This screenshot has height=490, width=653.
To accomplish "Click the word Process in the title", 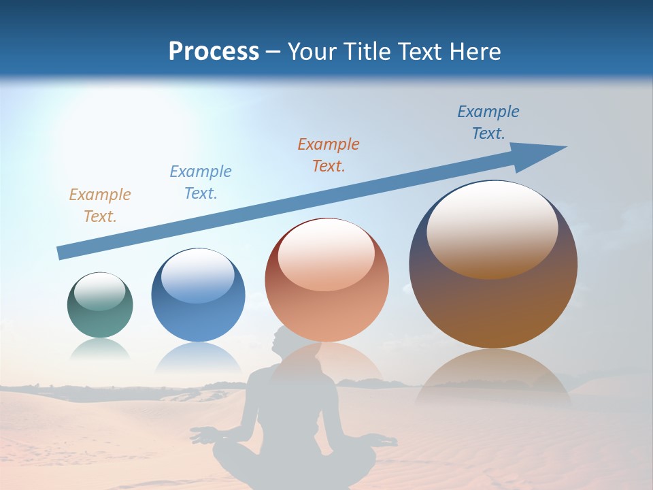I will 214,52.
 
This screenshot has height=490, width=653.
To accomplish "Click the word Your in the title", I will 314,52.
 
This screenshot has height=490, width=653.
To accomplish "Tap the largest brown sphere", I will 493,299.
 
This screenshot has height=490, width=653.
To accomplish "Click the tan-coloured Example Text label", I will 100,206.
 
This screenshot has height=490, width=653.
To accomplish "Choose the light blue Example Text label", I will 201,182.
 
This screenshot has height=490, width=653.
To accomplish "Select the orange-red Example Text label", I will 329,154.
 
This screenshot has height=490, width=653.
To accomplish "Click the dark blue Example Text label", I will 488,122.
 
